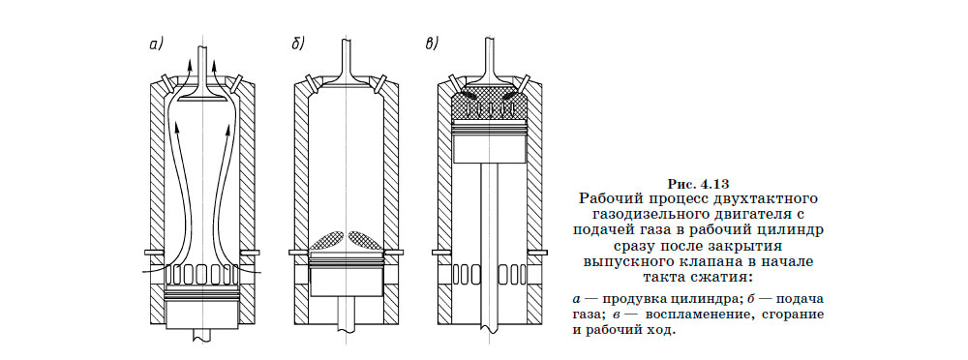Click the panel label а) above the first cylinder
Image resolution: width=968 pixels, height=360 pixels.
(155, 44)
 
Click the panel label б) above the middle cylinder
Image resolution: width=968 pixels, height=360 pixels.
(298, 44)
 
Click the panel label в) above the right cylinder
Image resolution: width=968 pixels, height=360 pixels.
(432, 44)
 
